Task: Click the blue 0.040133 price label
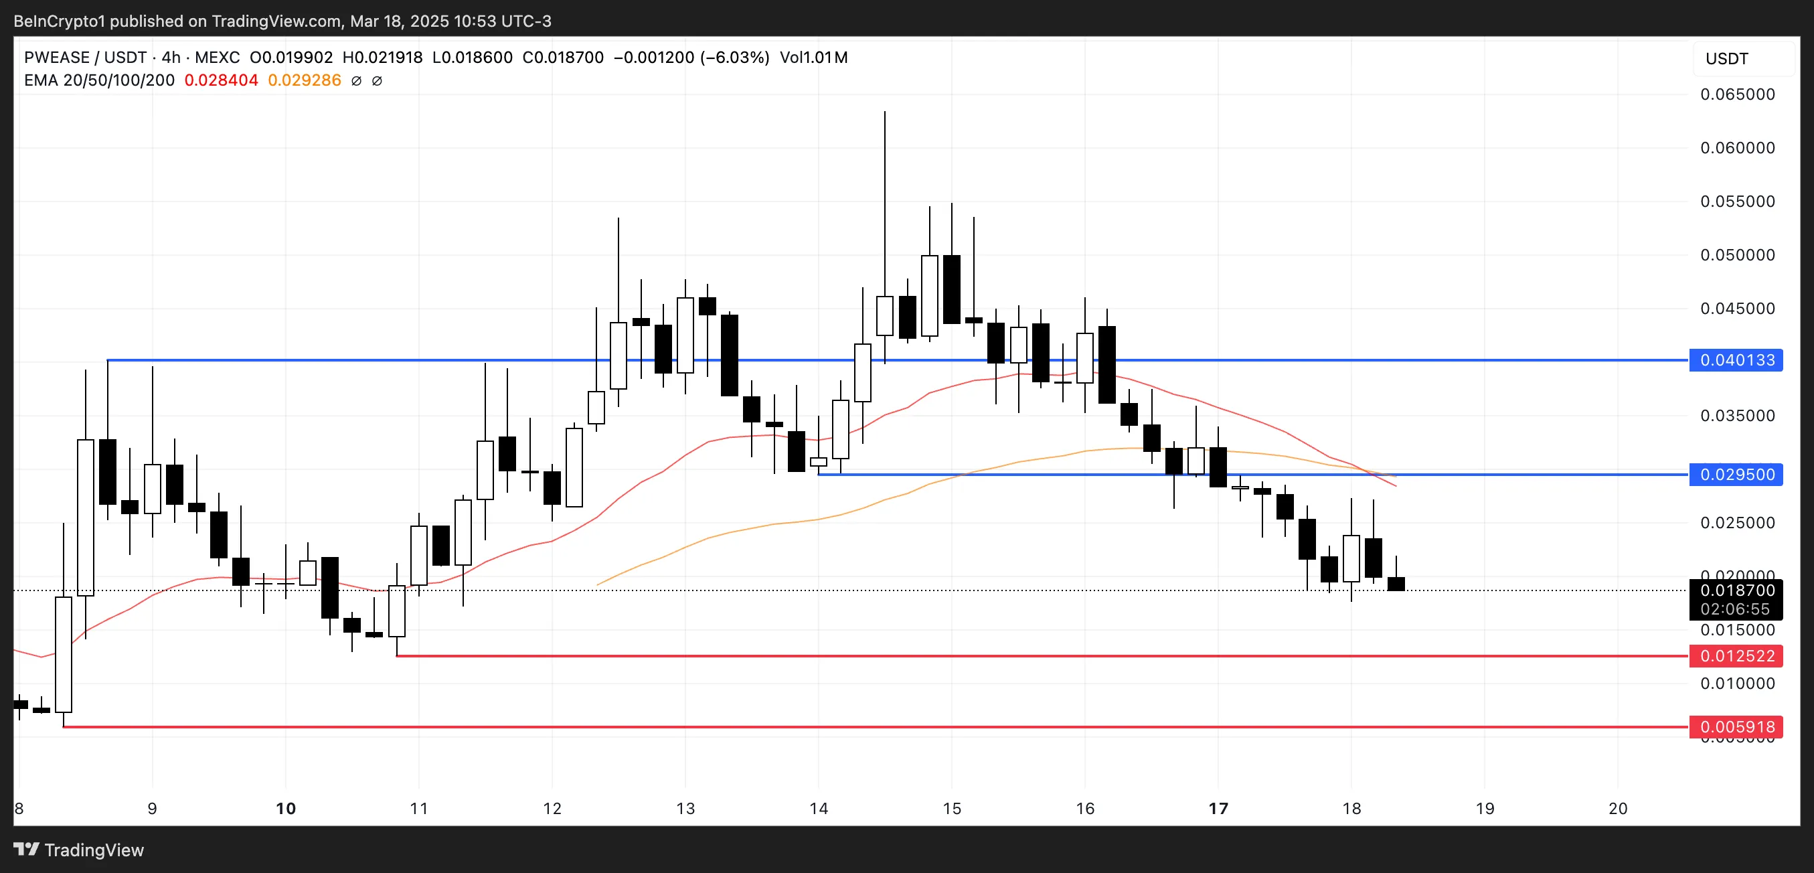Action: click(x=1736, y=360)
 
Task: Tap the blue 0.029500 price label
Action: click(x=1736, y=475)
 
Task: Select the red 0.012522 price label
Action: click(x=1736, y=656)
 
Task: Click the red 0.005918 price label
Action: click(x=1736, y=726)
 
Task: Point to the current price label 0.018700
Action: click(x=1736, y=590)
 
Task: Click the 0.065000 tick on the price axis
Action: click(x=1737, y=94)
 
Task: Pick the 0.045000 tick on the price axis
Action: click(x=1737, y=309)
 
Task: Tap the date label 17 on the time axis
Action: click(x=1218, y=808)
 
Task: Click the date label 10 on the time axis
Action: click(x=285, y=808)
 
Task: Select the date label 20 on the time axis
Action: click(x=1617, y=808)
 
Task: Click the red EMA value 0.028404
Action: click(x=221, y=80)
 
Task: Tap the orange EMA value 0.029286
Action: click(x=304, y=80)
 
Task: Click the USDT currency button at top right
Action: click(x=1727, y=58)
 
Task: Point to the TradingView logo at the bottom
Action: click(x=78, y=850)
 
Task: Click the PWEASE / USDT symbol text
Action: click(x=84, y=58)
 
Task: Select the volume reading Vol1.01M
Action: click(x=813, y=58)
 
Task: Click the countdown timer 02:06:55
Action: click(x=1734, y=609)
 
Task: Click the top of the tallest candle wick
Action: click(x=884, y=112)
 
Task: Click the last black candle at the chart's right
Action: click(x=1396, y=584)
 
